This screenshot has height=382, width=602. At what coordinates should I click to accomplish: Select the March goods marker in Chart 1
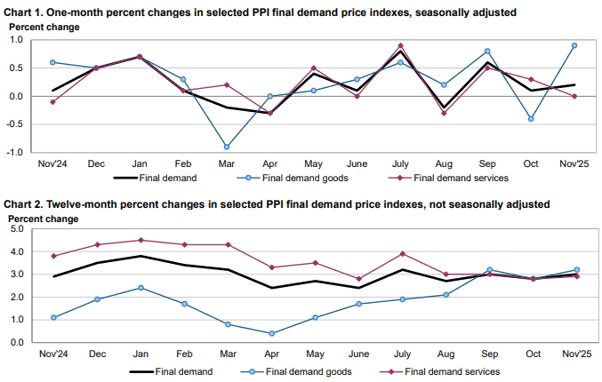coord(227,147)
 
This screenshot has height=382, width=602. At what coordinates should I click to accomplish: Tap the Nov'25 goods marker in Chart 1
coord(574,45)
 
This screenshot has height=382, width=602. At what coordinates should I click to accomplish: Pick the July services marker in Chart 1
coord(400,45)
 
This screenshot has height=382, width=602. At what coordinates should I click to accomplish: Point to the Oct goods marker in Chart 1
coord(531,119)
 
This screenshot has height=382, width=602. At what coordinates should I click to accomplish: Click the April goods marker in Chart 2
coord(270,334)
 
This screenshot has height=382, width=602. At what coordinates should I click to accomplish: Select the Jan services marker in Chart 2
coord(140,240)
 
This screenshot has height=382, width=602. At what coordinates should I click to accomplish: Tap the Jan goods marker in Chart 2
coord(140,288)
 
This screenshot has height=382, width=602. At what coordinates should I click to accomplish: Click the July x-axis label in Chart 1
coord(400,164)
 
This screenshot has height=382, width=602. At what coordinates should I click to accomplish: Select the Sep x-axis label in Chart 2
coord(487,354)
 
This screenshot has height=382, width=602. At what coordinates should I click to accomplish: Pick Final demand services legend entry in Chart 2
coord(445,371)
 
